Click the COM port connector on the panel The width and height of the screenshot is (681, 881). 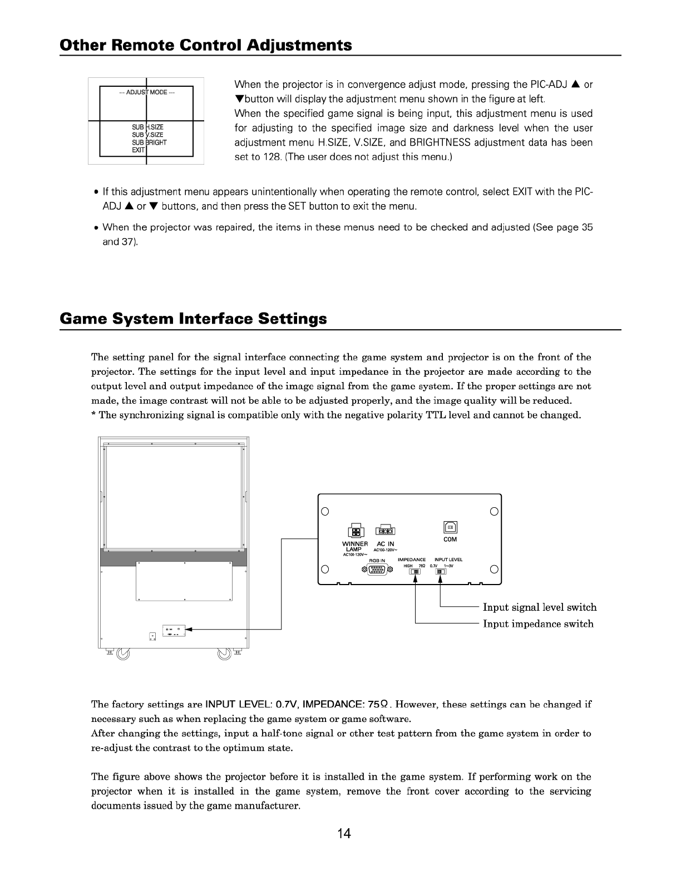click(450, 527)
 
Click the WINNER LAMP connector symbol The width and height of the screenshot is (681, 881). click(355, 531)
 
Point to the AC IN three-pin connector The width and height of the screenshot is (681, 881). click(385, 530)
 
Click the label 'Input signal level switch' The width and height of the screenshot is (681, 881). click(539, 607)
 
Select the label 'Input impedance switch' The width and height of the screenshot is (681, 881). click(537, 624)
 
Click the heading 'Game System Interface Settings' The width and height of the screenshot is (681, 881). click(193, 319)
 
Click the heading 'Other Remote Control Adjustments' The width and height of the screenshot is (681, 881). click(206, 45)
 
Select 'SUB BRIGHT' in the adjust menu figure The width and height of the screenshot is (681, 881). click(149, 142)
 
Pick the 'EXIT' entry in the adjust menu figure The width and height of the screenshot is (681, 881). click(139, 150)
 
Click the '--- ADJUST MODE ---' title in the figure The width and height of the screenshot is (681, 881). click(146, 92)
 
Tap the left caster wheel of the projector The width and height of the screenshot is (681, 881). click(123, 654)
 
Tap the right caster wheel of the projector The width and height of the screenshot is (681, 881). click(224, 654)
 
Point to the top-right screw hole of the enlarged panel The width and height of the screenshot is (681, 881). click(494, 511)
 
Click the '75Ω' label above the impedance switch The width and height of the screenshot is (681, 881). click(422, 566)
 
